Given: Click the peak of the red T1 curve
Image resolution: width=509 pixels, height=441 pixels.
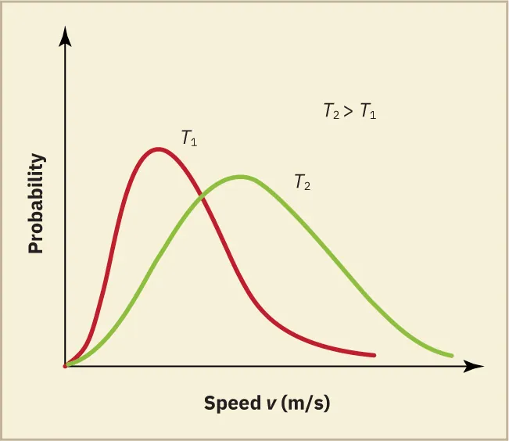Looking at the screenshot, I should click(159, 149).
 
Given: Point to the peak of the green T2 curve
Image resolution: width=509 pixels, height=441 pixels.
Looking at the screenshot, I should click(241, 177).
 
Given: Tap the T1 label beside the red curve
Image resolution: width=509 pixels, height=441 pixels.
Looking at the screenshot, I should click(188, 139).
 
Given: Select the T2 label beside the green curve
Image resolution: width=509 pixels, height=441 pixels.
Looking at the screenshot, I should click(303, 182).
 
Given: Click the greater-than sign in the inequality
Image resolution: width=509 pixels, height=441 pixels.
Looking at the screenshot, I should click(349, 112).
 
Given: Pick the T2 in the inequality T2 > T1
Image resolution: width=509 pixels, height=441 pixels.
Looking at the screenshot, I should click(332, 112).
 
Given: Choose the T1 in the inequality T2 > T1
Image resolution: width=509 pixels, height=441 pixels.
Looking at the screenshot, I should click(367, 112).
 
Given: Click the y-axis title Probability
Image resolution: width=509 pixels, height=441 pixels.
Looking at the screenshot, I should click(35, 203).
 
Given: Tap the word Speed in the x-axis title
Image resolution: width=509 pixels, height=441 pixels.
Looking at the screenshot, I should click(230, 403).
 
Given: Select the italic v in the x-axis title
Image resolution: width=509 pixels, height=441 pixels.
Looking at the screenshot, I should click(268, 404).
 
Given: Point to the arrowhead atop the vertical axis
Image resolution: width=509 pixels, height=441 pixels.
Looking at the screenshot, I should click(66, 35).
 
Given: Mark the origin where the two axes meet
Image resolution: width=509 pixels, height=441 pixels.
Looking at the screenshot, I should click(66, 365).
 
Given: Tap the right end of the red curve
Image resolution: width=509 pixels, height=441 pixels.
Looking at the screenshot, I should click(375, 355).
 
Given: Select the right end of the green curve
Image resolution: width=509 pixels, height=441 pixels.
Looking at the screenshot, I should click(452, 356).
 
